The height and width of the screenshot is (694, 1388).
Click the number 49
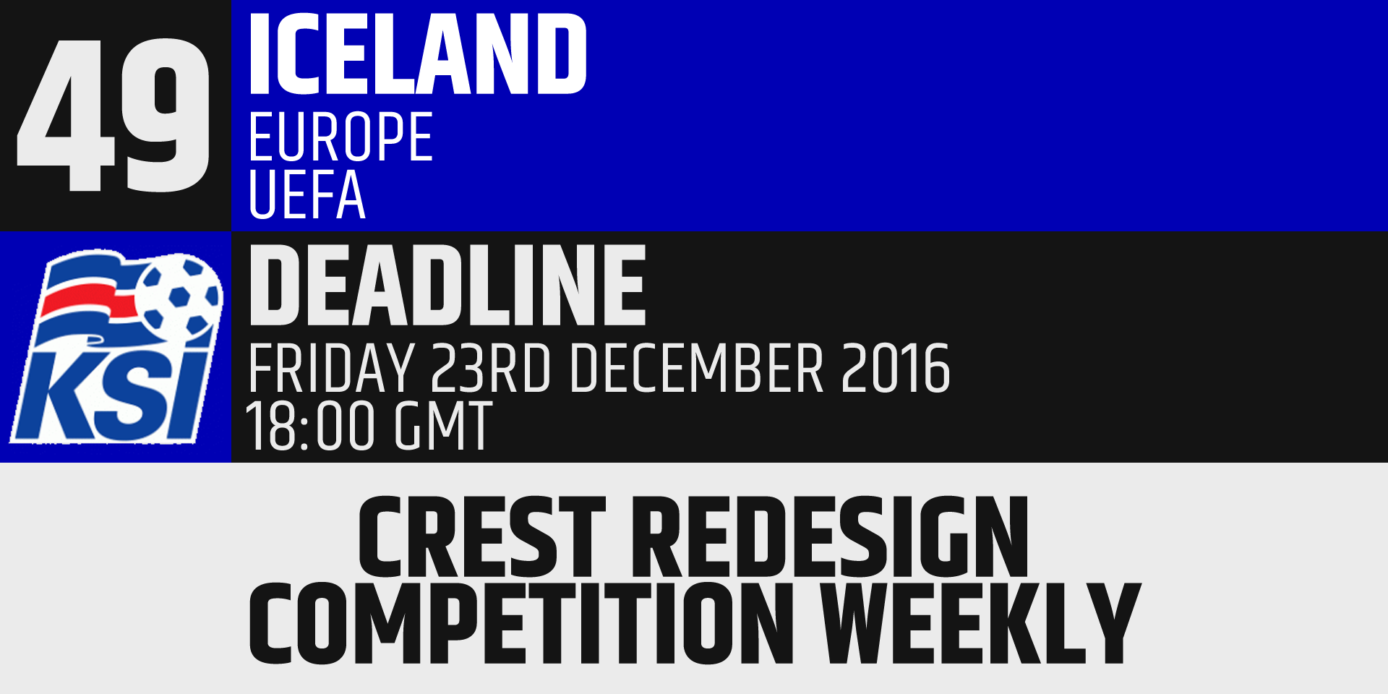tap(113, 115)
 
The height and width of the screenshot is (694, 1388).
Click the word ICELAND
tap(417, 54)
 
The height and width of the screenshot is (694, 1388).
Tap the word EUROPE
tap(340, 137)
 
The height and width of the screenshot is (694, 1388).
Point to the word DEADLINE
tap(447, 286)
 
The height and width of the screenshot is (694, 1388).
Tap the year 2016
tap(895, 368)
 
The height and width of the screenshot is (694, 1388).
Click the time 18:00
tap(310, 427)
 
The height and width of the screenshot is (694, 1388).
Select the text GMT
tap(443, 427)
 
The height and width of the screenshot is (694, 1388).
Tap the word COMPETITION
tap(520, 623)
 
